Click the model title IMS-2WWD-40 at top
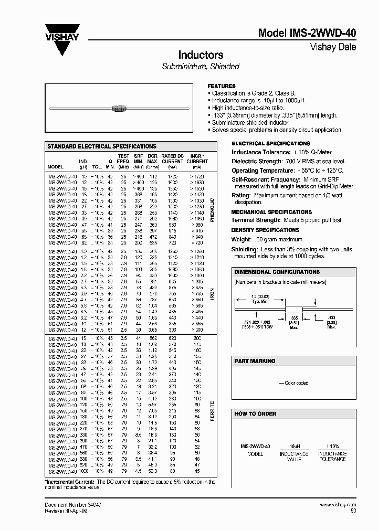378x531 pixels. [307, 33]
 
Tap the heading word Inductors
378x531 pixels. [201, 55]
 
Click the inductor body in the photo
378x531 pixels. [120, 109]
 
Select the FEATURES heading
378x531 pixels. [222, 86]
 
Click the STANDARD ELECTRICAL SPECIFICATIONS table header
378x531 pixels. [102, 146]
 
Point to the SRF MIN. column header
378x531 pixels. [139, 158]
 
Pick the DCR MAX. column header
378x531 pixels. [153, 158]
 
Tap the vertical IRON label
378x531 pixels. [213, 294]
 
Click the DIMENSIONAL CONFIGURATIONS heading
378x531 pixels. [277, 272]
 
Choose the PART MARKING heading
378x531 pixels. [255, 361]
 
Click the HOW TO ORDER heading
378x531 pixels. [255, 413]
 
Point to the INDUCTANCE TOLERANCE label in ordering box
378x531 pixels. [333, 456]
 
